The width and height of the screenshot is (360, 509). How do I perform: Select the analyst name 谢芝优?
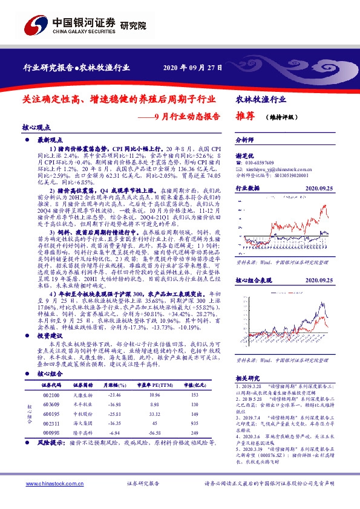pyautogui.click(x=244, y=155)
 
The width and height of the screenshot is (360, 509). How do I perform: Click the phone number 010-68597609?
pyautogui.click(x=260, y=163)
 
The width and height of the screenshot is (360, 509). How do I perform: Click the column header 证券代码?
pyautogui.click(x=51, y=384)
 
